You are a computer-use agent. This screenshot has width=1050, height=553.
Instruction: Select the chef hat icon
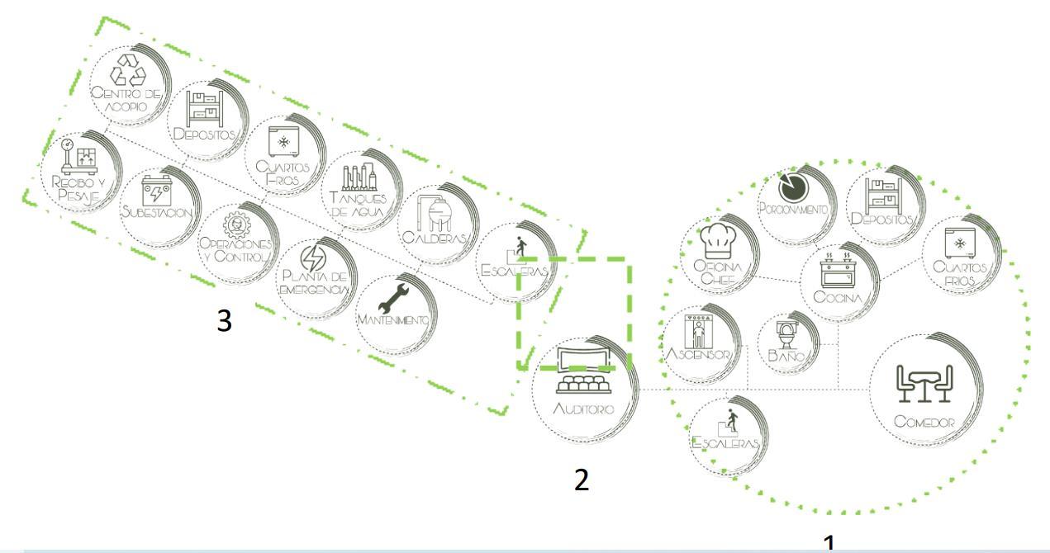(x=715, y=239)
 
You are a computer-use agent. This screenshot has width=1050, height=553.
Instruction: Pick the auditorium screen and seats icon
(x=585, y=371)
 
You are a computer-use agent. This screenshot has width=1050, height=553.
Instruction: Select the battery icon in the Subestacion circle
(x=156, y=190)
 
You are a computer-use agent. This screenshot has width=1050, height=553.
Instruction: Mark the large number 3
(x=224, y=322)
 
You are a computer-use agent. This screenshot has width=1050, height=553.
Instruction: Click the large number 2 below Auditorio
(x=582, y=480)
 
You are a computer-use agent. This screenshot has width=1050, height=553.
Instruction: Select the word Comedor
(x=924, y=422)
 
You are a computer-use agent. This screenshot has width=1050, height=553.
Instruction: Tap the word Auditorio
(x=585, y=409)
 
